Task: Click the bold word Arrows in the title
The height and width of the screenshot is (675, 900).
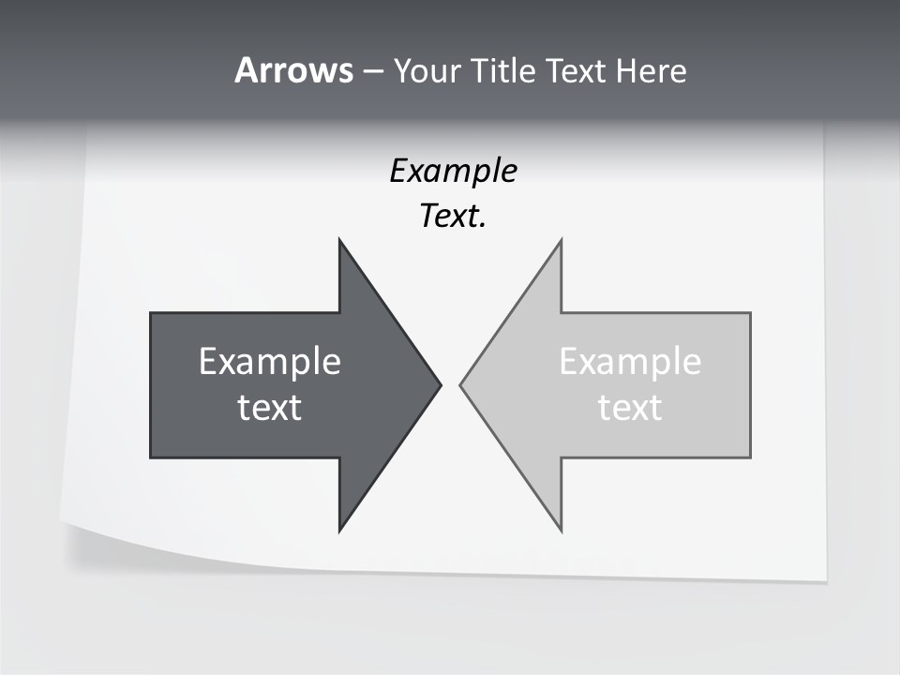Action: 293,70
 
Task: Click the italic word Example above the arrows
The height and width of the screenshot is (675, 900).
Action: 453,171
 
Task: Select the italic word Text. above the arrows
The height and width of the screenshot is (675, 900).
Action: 453,217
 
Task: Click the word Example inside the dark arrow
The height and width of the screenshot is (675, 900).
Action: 270,362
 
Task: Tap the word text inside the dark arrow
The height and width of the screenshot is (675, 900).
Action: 270,408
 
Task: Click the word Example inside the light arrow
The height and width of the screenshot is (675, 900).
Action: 630,362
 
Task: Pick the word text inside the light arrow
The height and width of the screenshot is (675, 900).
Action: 630,408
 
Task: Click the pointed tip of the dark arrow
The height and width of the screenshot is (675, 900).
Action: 441,384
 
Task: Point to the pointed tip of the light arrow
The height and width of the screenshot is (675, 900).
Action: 460,384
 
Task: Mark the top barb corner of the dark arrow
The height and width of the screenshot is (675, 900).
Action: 339,240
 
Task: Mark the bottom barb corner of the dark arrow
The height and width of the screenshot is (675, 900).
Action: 339,531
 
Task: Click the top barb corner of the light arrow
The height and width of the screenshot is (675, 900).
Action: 561,240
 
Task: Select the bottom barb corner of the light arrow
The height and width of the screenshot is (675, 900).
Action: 561,531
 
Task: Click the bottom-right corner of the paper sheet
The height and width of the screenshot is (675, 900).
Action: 825,580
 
